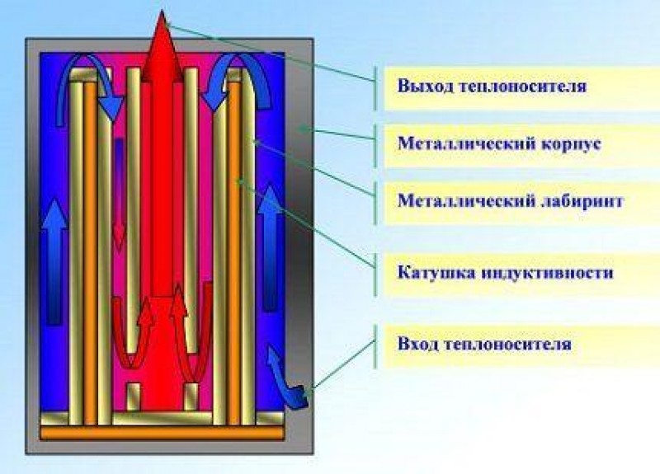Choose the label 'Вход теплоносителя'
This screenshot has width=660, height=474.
[483, 343]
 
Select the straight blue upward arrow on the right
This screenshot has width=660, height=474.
[270, 256]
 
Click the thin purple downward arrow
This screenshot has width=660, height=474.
[119, 194]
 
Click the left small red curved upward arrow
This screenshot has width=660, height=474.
[136, 338]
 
